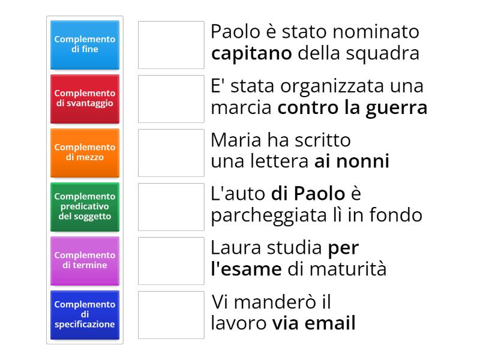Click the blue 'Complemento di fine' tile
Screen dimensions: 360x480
click(x=85, y=44)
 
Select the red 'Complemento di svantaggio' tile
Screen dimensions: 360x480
click(x=85, y=98)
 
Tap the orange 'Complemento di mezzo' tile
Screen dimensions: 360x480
click(x=85, y=152)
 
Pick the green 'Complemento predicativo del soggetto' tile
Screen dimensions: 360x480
click(x=85, y=206)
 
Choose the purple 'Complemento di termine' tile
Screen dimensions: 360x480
click(x=85, y=260)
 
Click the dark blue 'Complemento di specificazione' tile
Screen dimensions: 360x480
click(x=85, y=314)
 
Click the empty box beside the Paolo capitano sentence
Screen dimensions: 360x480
click(x=171, y=45)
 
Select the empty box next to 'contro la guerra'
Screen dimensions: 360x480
click(x=171, y=99)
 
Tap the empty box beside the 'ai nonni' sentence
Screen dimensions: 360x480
click(x=171, y=153)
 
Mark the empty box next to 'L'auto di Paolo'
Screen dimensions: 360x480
click(x=171, y=207)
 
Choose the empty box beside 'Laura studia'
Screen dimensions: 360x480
click(x=171, y=261)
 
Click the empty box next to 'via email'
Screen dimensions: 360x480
click(x=171, y=315)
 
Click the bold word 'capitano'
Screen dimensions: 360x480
click(x=251, y=54)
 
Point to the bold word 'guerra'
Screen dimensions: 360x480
click(x=400, y=108)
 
